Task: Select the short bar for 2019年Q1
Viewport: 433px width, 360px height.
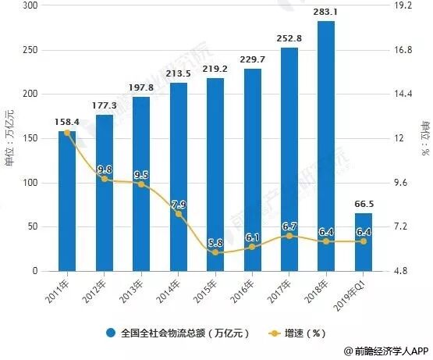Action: coord(363,242)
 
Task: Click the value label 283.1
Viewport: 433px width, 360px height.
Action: coord(326,12)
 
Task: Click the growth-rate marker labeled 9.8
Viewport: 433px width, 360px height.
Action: coord(104,179)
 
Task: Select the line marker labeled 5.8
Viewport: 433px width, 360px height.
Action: coord(215,252)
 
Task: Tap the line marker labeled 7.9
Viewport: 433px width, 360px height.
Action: coord(178,214)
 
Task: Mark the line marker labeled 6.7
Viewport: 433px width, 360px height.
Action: coord(289,236)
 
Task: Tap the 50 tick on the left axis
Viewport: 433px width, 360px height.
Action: coord(33,227)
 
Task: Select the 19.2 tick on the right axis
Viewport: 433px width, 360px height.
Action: coord(403,6)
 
